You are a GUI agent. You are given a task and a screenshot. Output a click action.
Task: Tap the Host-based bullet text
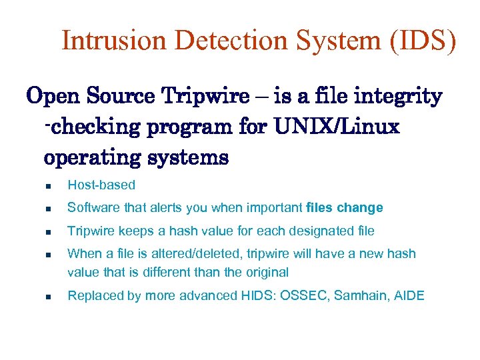click(x=101, y=185)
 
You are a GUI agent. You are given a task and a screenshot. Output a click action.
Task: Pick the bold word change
click(x=360, y=207)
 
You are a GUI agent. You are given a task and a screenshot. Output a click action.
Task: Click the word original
click(x=266, y=272)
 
